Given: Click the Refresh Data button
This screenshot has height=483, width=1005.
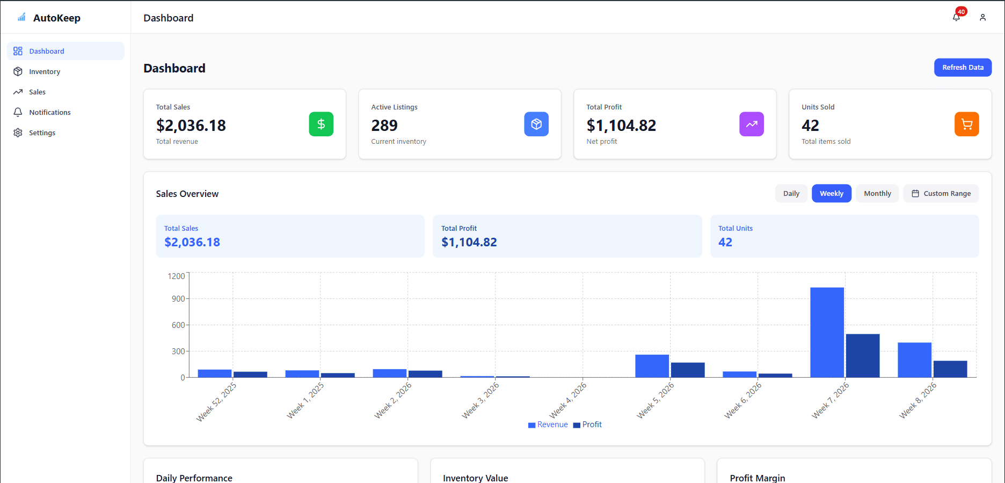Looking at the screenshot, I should (963, 68).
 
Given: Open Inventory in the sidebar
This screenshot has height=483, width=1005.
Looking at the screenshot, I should (45, 72).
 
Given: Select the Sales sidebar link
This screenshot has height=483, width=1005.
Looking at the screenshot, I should (37, 92).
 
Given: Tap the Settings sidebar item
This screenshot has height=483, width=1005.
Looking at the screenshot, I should (42, 133).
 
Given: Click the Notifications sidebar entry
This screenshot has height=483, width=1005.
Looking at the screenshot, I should (49, 113).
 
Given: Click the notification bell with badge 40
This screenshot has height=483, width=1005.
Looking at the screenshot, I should (956, 17).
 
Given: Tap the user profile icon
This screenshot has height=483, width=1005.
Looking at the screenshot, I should (982, 18).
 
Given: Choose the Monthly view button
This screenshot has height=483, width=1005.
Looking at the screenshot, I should (877, 194).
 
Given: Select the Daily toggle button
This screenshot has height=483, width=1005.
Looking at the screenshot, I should (791, 194).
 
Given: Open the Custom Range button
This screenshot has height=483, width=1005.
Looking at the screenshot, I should (941, 194).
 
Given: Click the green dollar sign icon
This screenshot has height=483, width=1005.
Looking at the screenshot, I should (321, 124).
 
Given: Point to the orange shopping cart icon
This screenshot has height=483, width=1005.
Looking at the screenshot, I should (966, 124).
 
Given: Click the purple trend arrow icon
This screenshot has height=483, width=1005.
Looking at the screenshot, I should (751, 124).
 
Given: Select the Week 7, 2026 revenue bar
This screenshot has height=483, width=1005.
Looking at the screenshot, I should (827, 333).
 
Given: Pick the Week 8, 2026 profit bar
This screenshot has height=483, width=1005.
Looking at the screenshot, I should (950, 369).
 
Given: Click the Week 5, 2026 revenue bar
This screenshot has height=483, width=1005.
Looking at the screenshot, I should (652, 366).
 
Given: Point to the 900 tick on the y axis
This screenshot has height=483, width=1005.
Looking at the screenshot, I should (178, 299).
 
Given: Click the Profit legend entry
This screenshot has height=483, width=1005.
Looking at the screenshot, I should (588, 425).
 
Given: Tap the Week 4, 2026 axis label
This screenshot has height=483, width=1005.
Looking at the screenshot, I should (568, 400).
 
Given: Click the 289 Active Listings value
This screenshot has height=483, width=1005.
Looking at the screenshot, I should (384, 126).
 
